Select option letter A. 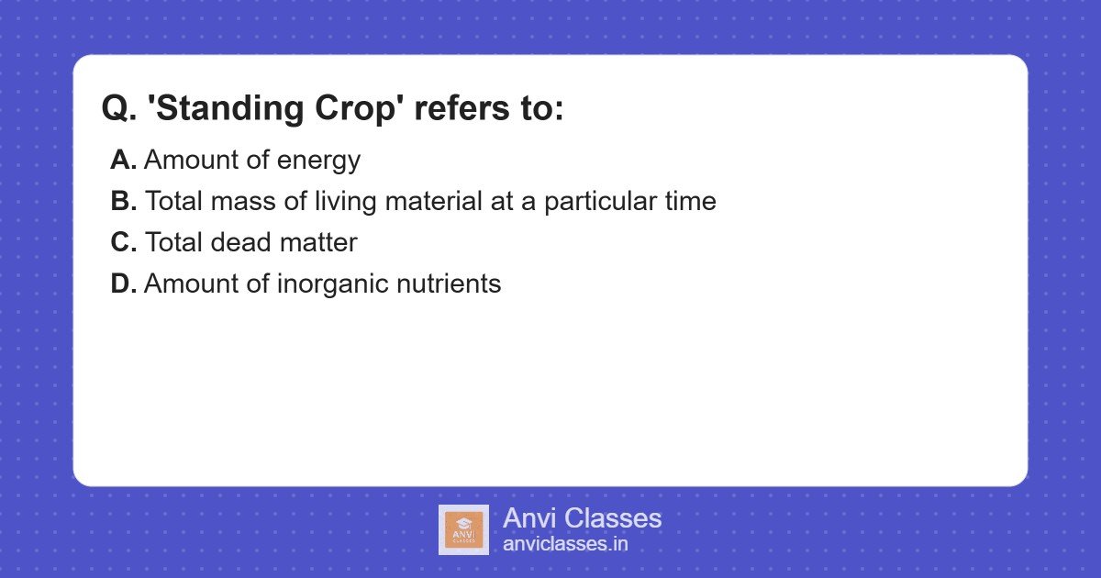124,161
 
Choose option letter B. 124,202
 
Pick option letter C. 124,243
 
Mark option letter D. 124,284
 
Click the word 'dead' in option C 243,243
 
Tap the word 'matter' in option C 319,243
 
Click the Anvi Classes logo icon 463,529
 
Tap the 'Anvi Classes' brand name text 582,518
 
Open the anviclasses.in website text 565,544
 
